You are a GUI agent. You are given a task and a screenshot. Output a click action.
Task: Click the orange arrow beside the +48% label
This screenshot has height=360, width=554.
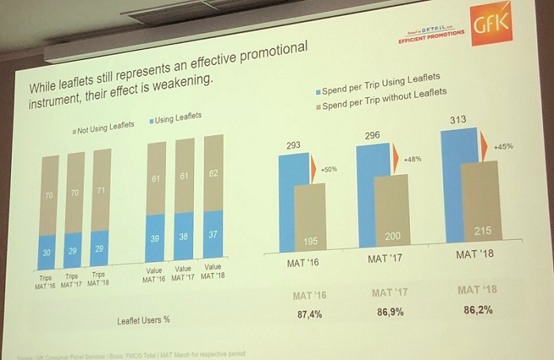pyautogui.click(x=395, y=158)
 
